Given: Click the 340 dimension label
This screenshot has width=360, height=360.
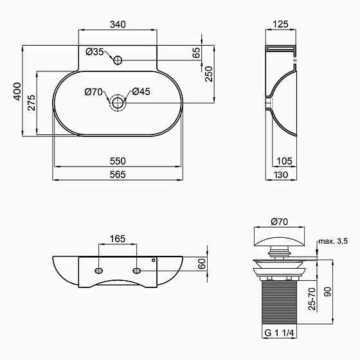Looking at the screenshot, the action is [x=118, y=24].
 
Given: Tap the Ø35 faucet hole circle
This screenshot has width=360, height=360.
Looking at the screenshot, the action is [x=118, y=60].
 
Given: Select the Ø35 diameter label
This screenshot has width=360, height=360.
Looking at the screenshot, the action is [x=94, y=52].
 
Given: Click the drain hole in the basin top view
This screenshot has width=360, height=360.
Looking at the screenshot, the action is [x=118, y=103].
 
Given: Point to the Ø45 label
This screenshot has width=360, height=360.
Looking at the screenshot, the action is [x=141, y=91].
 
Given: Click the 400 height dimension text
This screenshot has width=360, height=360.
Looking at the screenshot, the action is [x=17, y=91].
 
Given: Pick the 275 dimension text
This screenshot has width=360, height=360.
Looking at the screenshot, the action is [x=32, y=103].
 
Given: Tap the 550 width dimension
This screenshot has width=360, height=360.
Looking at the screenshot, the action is [x=118, y=161].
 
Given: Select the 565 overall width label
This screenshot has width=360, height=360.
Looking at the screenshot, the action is [x=118, y=175].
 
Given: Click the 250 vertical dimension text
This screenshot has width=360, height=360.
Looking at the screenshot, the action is [x=209, y=74].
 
